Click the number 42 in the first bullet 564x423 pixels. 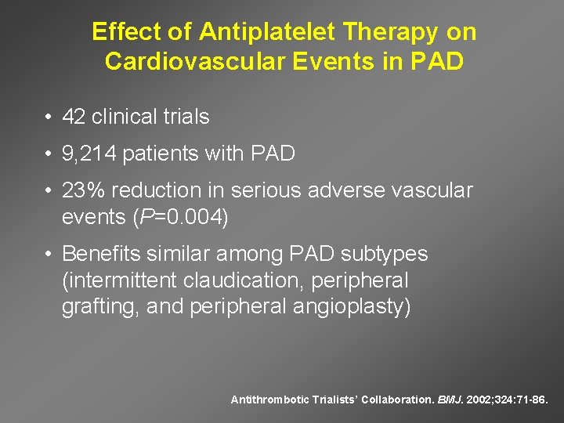(74, 117)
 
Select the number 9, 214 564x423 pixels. (90, 154)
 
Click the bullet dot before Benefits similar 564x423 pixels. (49, 255)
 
